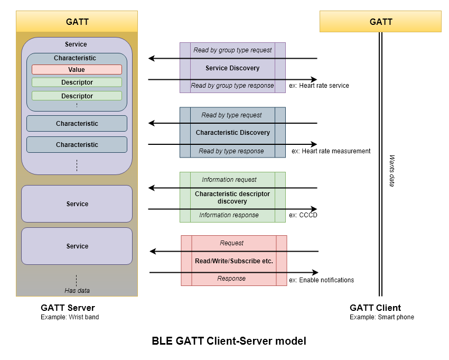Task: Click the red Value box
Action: pyautogui.click(x=77, y=70)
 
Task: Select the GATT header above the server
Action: pyautogui.click(x=77, y=22)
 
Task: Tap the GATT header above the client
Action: pyautogui.click(x=380, y=22)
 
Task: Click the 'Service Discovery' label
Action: pyautogui.click(x=232, y=68)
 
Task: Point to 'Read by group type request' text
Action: pyautogui.click(x=232, y=50)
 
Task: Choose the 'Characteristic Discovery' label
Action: pyautogui.click(x=233, y=132)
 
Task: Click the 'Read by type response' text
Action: pyautogui.click(x=231, y=151)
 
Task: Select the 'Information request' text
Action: pyautogui.click(x=229, y=180)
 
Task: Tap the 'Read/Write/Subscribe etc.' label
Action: pyautogui.click(x=234, y=261)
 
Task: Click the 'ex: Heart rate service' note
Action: pyautogui.click(x=319, y=86)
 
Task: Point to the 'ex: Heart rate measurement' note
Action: pyautogui.click(x=331, y=151)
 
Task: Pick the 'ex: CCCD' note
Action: pyautogui.click(x=303, y=215)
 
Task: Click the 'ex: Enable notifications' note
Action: pyautogui.click(x=321, y=280)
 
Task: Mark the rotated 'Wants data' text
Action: pyautogui.click(x=392, y=171)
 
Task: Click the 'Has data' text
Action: pyautogui.click(x=77, y=291)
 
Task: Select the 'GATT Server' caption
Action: pyautogui.click(x=68, y=308)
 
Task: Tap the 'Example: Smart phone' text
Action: pyautogui.click(x=382, y=317)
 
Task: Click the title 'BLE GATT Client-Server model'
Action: pyautogui.click(x=229, y=341)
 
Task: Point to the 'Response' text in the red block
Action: pyautogui.click(x=231, y=279)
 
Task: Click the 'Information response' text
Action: pyautogui.click(x=229, y=215)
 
